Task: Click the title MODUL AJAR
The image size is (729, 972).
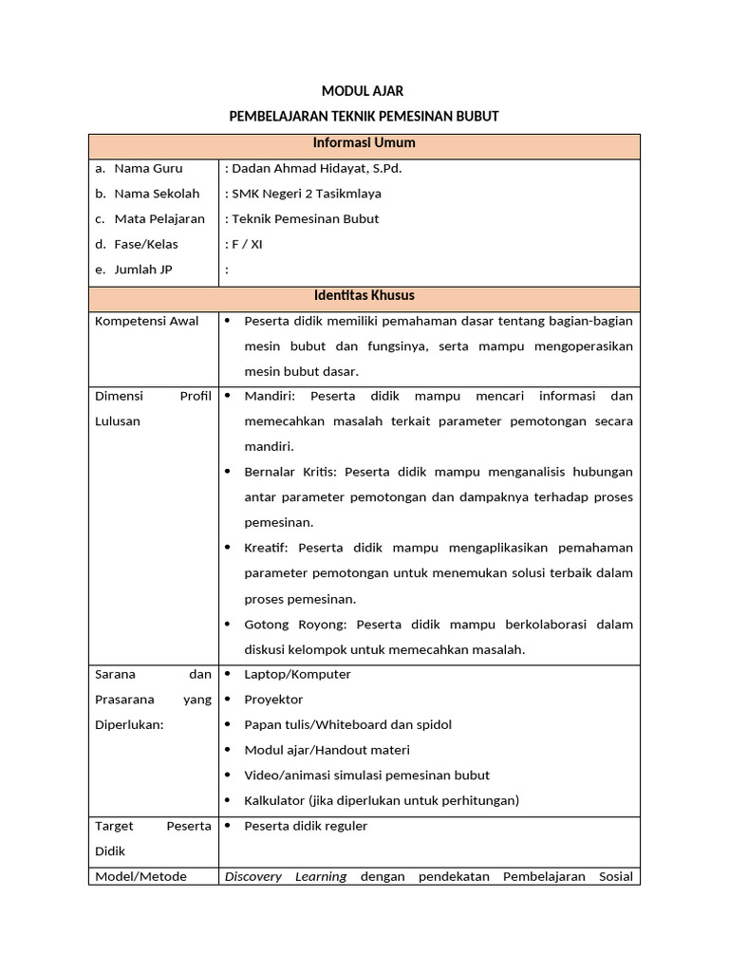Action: (x=364, y=91)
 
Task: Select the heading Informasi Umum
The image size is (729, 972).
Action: (x=364, y=143)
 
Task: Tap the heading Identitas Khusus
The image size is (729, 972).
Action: (x=364, y=296)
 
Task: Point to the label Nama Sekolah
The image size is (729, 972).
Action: (x=157, y=194)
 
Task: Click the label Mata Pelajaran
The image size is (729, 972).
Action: (x=159, y=219)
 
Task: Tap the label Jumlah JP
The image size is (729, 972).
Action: (x=143, y=270)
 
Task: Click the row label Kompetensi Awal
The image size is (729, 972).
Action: (x=147, y=322)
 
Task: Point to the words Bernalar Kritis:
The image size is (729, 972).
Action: (x=292, y=472)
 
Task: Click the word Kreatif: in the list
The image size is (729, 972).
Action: (x=268, y=548)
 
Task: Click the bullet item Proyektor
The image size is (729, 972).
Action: (x=273, y=700)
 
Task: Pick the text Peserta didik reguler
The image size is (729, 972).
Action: (x=306, y=827)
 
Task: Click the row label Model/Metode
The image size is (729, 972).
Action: (x=141, y=877)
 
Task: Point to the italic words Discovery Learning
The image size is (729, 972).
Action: (x=286, y=877)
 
